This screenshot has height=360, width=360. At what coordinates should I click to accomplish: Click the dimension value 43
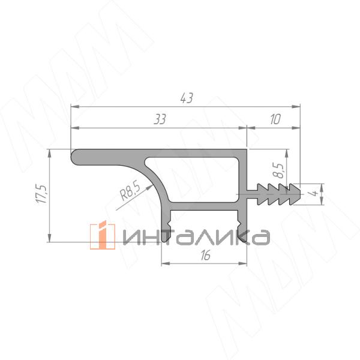(x=187, y=98)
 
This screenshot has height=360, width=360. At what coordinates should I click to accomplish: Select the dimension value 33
(x=160, y=119)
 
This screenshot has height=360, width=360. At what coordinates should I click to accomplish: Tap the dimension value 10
(x=275, y=119)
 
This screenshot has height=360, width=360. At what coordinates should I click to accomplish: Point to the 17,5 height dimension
(x=42, y=194)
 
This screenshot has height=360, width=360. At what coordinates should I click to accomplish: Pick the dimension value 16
(x=205, y=256)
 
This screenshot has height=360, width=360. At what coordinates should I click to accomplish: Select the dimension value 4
(x=316, y=193)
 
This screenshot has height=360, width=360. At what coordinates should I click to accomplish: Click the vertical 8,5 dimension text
(x=280, y=170)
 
